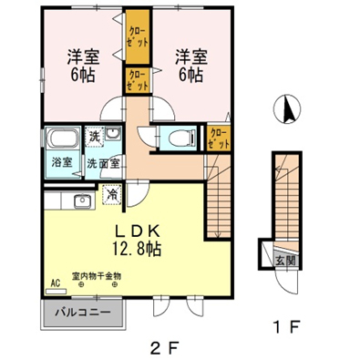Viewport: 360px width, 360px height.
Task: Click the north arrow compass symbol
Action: pos(287,109)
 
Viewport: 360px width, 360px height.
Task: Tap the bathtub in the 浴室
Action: pos(63,139)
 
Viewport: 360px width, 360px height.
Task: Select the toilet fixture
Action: pos(181,139)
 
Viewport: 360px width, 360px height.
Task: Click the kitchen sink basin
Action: pos(82,201)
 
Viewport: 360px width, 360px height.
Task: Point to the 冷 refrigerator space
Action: pos(112,194)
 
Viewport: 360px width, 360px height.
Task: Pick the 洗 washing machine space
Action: pos(95,137)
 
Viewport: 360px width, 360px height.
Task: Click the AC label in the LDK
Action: pos(55,283)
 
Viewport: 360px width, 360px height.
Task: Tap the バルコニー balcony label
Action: pos(82,313)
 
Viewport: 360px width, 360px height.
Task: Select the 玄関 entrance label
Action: pos(285,261)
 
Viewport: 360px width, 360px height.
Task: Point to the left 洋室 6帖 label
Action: pos(83,66)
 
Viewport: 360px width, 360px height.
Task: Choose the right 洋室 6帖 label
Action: pos(191,66)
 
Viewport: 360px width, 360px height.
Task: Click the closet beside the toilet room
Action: pos(219,139)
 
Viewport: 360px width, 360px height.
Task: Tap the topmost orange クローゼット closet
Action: pos(138,37)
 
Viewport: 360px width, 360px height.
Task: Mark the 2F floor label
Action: pos(164,348)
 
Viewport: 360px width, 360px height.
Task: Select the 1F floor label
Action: pos(286,327)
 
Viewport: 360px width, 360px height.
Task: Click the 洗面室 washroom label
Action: pos(103,163)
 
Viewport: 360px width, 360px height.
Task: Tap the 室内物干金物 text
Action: pos(97,276)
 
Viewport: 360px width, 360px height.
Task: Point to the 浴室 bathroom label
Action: pos(62,163)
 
